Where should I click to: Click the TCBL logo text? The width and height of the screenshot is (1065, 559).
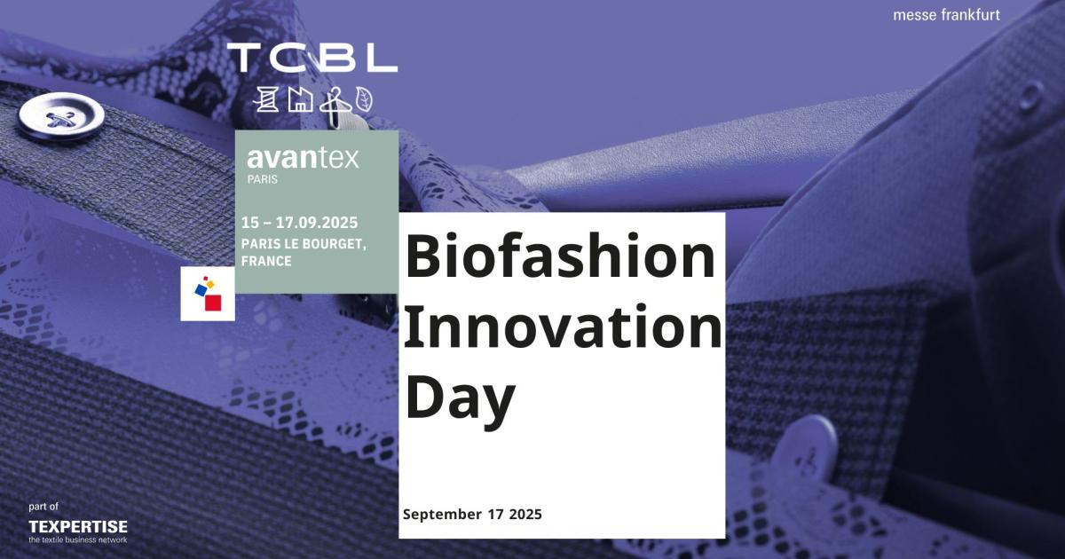point(312,58)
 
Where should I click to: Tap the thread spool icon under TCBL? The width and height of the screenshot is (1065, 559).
point(266,99)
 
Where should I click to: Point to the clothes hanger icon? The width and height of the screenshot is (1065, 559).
point(335,100)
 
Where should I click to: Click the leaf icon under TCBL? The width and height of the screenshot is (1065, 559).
point(364,100)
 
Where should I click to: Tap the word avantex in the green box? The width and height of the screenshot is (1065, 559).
point(303,158)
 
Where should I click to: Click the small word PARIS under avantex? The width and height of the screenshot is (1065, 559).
point(263,179)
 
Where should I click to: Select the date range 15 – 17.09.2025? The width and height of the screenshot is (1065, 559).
point(300,223)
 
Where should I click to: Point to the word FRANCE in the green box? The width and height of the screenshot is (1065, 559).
point(266,261)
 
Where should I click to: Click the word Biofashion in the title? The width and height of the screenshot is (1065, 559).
point(560,256)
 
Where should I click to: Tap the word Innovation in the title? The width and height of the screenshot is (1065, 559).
point(563,327)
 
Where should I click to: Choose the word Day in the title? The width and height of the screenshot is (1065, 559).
point(460,399)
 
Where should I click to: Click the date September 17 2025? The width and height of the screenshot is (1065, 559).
point(472,515)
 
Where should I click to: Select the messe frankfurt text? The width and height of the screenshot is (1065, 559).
point(946,15)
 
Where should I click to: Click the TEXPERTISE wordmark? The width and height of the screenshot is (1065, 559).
point(78,527)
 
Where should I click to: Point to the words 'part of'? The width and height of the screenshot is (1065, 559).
point(43,507)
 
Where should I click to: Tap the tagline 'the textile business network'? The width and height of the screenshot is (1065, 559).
point(78,540)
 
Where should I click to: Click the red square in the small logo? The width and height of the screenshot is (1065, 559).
point(213,303)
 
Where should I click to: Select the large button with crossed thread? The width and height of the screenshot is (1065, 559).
point(61,117)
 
